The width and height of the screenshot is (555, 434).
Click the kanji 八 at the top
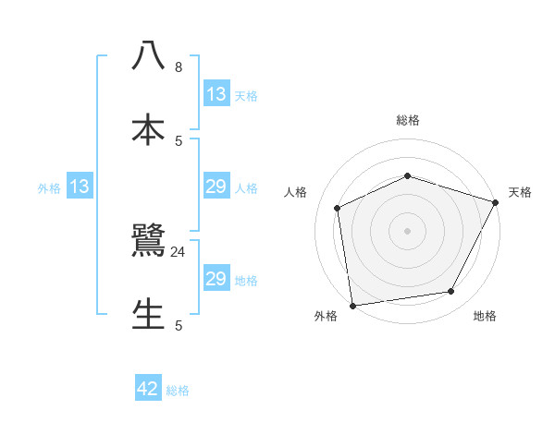tap(148, 55)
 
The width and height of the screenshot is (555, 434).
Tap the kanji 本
tap(148, 127)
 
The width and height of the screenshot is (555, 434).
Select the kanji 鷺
tap(148, 242)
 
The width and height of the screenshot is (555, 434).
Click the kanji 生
tap(148, 314)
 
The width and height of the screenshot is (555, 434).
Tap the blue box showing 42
tap(148, 389)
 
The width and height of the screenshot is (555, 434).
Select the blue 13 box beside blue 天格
tap(216, 93)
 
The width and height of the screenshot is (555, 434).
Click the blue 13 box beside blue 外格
tap(80, 187)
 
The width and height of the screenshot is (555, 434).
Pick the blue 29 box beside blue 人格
tap(216, 187)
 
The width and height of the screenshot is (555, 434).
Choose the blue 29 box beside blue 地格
tap(216, 279)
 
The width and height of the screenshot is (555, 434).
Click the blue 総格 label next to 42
tap(178, 390)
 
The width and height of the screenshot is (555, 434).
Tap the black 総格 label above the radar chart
tap(408, 120)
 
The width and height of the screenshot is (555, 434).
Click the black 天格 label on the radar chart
tap(520, 192)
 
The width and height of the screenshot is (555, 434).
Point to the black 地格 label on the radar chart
tap(485, 316)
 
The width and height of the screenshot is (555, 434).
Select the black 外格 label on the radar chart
tap(326, 316)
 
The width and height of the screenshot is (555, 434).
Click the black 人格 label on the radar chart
tap(295, 192)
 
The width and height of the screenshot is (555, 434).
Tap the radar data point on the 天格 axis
tap(496, 202)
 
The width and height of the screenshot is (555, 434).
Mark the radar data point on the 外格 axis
tap(352, 305)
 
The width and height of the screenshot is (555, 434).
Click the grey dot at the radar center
tap(407, 231)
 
